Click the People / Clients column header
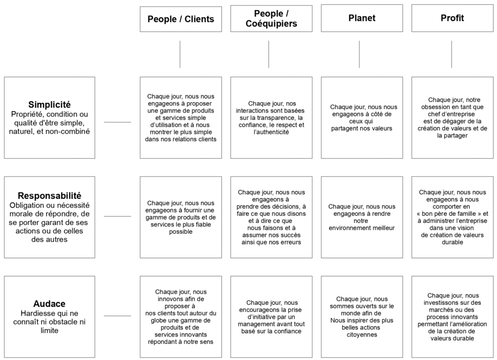pyautogui.click(x=181, y=19)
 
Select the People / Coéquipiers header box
pyautogui.click(x=271, y=18)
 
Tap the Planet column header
pyautogui.click(x=362, y=18)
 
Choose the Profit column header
pyautogui.click(x=452, y=18)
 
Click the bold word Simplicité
pyautogui.click(x=50, y=105)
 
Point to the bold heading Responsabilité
pyautogui.click(x=50, y=196)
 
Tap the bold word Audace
pyautogui.click(x=50, y=304)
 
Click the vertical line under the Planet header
pyautogui.click(x=359, y=54)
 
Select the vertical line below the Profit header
pyautogui.click(x=452, y=54)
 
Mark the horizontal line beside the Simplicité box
pyautogui.click(x=117, y=122)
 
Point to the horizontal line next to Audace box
pyautogui.click(x=117, y=316)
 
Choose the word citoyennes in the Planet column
pyautogui.click(x=362, y=335)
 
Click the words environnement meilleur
pyautogui.click(x=362, y=228)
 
